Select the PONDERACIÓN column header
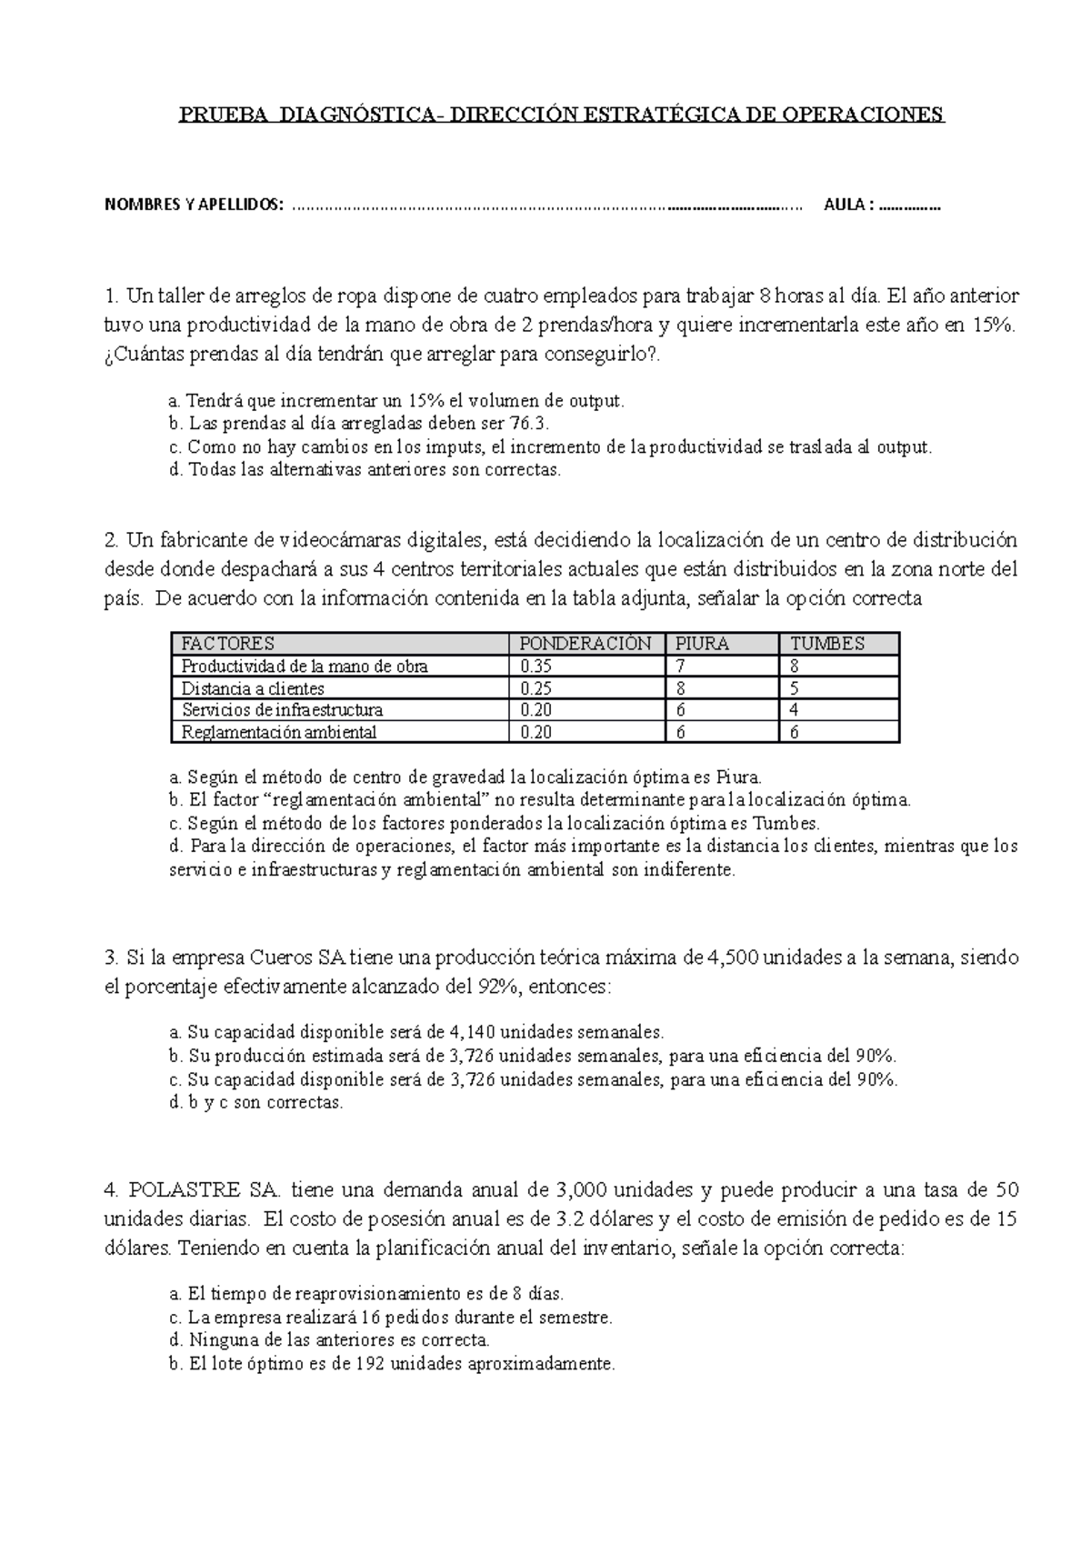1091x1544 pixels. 585,644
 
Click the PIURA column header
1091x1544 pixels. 702,644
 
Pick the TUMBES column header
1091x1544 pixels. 827,644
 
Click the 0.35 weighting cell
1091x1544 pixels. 536,667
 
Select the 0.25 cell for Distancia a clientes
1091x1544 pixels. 536,688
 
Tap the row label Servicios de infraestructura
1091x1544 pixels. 282,710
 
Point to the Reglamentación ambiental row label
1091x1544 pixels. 278,732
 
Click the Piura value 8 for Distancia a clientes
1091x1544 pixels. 680,688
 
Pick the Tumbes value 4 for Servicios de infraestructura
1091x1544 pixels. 795,710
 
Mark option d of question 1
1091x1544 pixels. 365,470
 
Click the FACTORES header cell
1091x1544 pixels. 228,644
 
